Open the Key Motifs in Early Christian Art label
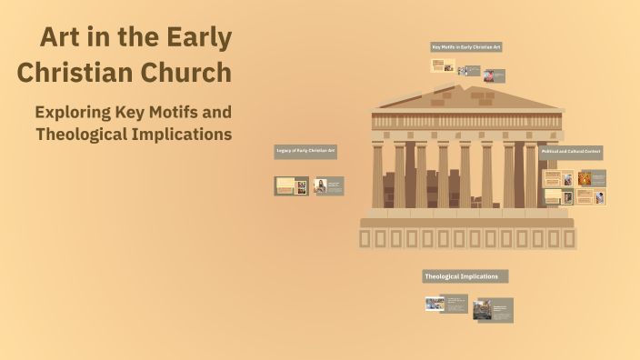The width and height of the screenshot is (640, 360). (x=466, y=46)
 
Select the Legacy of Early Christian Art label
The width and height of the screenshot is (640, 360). (x=305, y=152)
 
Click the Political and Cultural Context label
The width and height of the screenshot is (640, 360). (x=571, y=152)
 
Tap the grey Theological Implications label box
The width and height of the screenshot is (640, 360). (x=465, y=276)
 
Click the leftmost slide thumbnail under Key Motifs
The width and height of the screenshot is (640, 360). (x=443, y=65)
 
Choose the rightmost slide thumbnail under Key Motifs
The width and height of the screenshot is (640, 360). (x=494, y=75)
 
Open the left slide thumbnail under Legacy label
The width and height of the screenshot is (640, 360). (x=291, y=185)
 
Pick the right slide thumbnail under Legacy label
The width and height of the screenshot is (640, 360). (x=328, y=185)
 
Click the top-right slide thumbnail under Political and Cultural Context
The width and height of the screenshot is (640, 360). (x=591, y=179)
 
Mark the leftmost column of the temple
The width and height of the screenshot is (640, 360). (x=377, y=174)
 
